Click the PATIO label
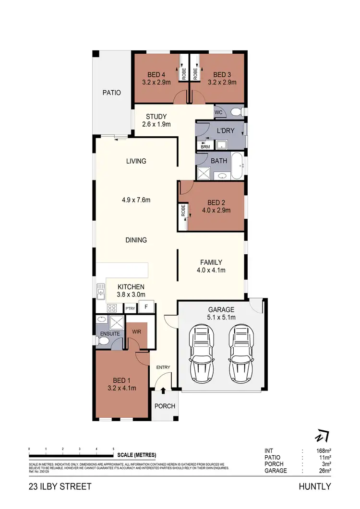pos(111,93)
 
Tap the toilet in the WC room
pos(235,112)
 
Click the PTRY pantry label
pos(130,308)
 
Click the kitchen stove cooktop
pos(112,308)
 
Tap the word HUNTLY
pos(315,486)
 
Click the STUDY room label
pos(156,117)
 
